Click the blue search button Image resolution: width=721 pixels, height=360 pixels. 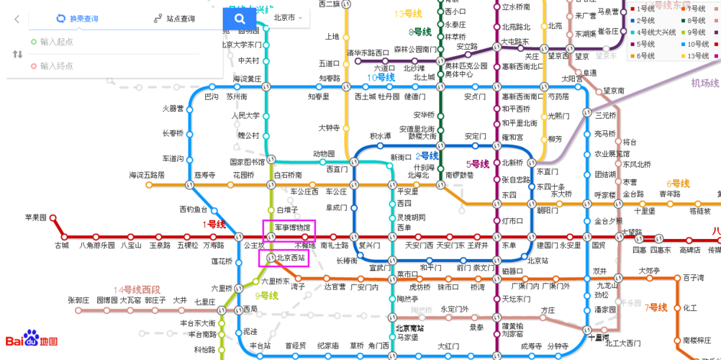click(240, 18)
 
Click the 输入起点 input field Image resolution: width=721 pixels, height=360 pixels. click(58, 42)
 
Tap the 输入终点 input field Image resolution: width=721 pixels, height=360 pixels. click(58, 66)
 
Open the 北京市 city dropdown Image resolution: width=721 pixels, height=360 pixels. click(288, 18)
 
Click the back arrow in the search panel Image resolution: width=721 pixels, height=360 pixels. click(17, 19)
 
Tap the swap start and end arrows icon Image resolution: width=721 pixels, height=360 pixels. click(17, 54)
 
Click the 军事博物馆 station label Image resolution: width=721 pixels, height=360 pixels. click(293, 228)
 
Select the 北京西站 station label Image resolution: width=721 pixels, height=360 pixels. click(290, 257)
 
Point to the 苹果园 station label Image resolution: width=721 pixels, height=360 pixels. click(36, 217)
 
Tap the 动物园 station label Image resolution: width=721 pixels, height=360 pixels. click(323, 153)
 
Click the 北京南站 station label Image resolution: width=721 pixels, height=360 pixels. click(409, 328)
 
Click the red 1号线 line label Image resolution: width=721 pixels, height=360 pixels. click(214, 224)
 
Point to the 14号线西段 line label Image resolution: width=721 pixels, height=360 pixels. click(136, 289)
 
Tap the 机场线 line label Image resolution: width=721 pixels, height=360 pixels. click(704, 84)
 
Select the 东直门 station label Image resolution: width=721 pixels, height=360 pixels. click(547, 171)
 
